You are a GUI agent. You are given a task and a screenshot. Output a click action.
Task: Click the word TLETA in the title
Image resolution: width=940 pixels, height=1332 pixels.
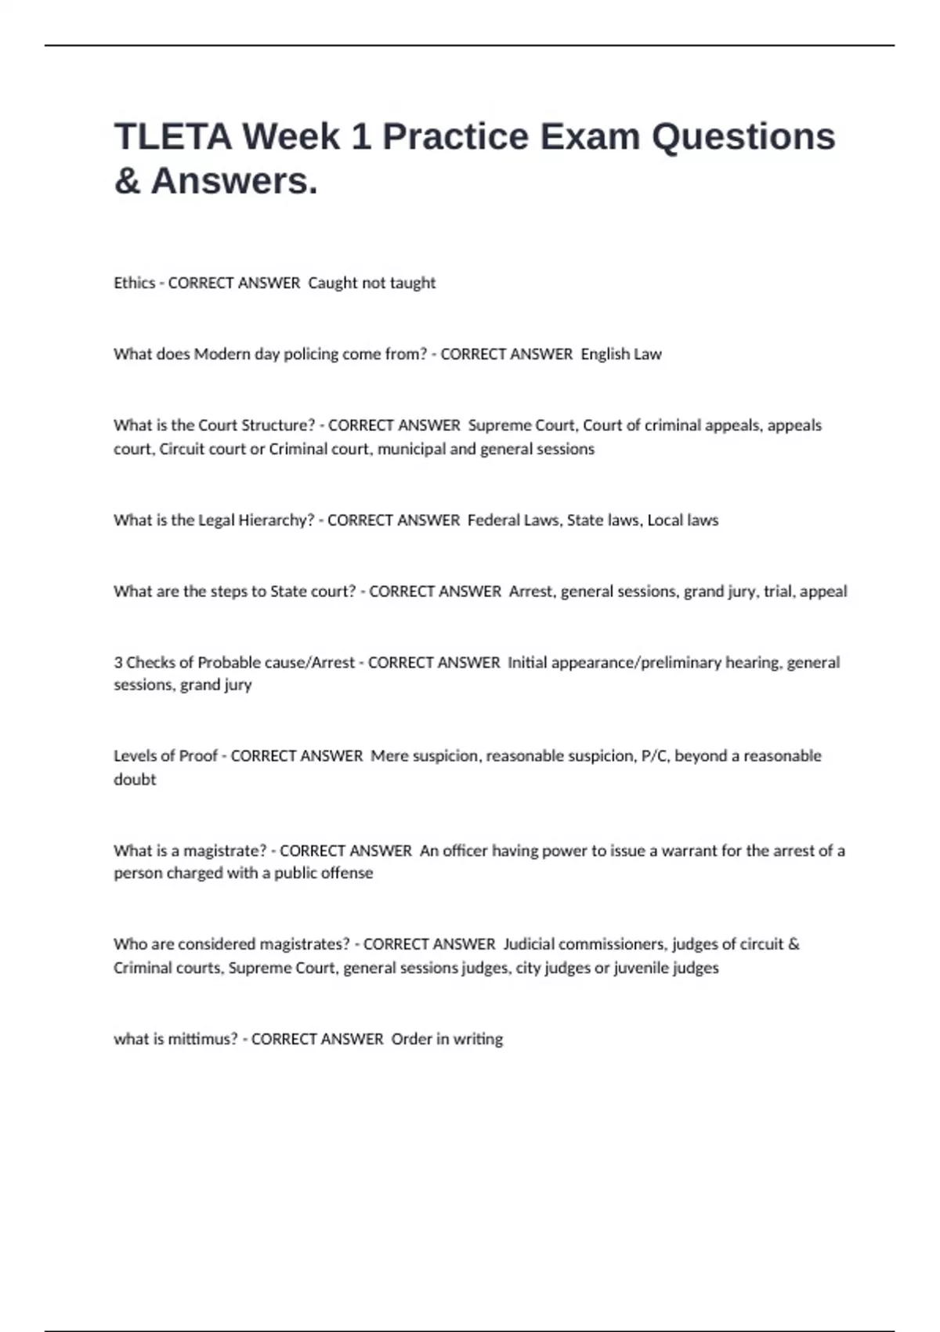pos(172,137)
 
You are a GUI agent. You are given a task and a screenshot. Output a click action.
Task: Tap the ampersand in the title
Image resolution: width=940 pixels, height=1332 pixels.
pos(127,182)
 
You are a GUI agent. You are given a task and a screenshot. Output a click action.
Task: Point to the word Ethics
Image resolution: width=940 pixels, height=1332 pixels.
pos(134,283)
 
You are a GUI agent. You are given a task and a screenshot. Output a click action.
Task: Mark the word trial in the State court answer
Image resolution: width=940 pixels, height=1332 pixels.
pos(778,592)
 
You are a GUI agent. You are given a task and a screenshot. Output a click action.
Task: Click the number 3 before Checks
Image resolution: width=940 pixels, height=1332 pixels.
pos(118,663)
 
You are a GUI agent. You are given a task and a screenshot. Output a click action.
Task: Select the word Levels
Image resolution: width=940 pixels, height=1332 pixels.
pos(134,756)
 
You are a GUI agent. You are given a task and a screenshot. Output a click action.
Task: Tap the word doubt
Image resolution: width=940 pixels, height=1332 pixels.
pos(135,780)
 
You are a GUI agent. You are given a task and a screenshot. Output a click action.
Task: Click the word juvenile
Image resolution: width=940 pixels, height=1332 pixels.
pos(642,968)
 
